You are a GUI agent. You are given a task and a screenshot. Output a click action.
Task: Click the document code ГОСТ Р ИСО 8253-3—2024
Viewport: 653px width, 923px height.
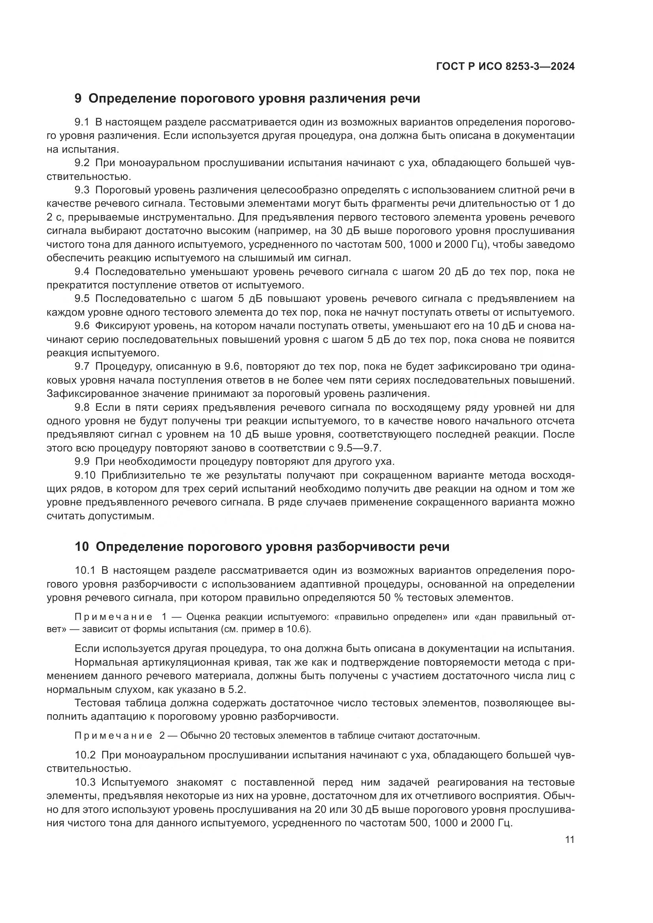tap(505, 67)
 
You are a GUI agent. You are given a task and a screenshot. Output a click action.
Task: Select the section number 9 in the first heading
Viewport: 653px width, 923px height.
tap(78, 99)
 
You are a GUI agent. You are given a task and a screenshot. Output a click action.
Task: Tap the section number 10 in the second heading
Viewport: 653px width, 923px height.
tap(82, 547)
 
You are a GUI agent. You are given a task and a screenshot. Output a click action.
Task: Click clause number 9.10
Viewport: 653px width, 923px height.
tap(85, 476)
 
